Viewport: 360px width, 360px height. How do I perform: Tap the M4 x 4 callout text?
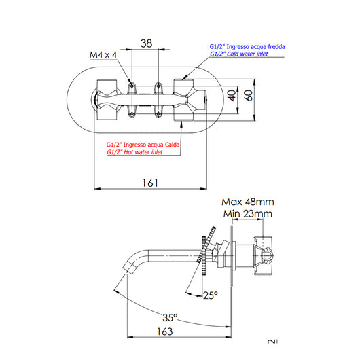tap(104, 55)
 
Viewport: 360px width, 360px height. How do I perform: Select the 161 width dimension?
tap(151, 182)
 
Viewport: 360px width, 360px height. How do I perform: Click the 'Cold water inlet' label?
tap(238, 54)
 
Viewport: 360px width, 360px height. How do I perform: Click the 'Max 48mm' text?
tap(247, 202)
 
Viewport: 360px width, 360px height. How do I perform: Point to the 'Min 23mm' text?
tap(247, 215)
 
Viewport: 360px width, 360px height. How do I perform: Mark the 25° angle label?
tap(211, 295)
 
